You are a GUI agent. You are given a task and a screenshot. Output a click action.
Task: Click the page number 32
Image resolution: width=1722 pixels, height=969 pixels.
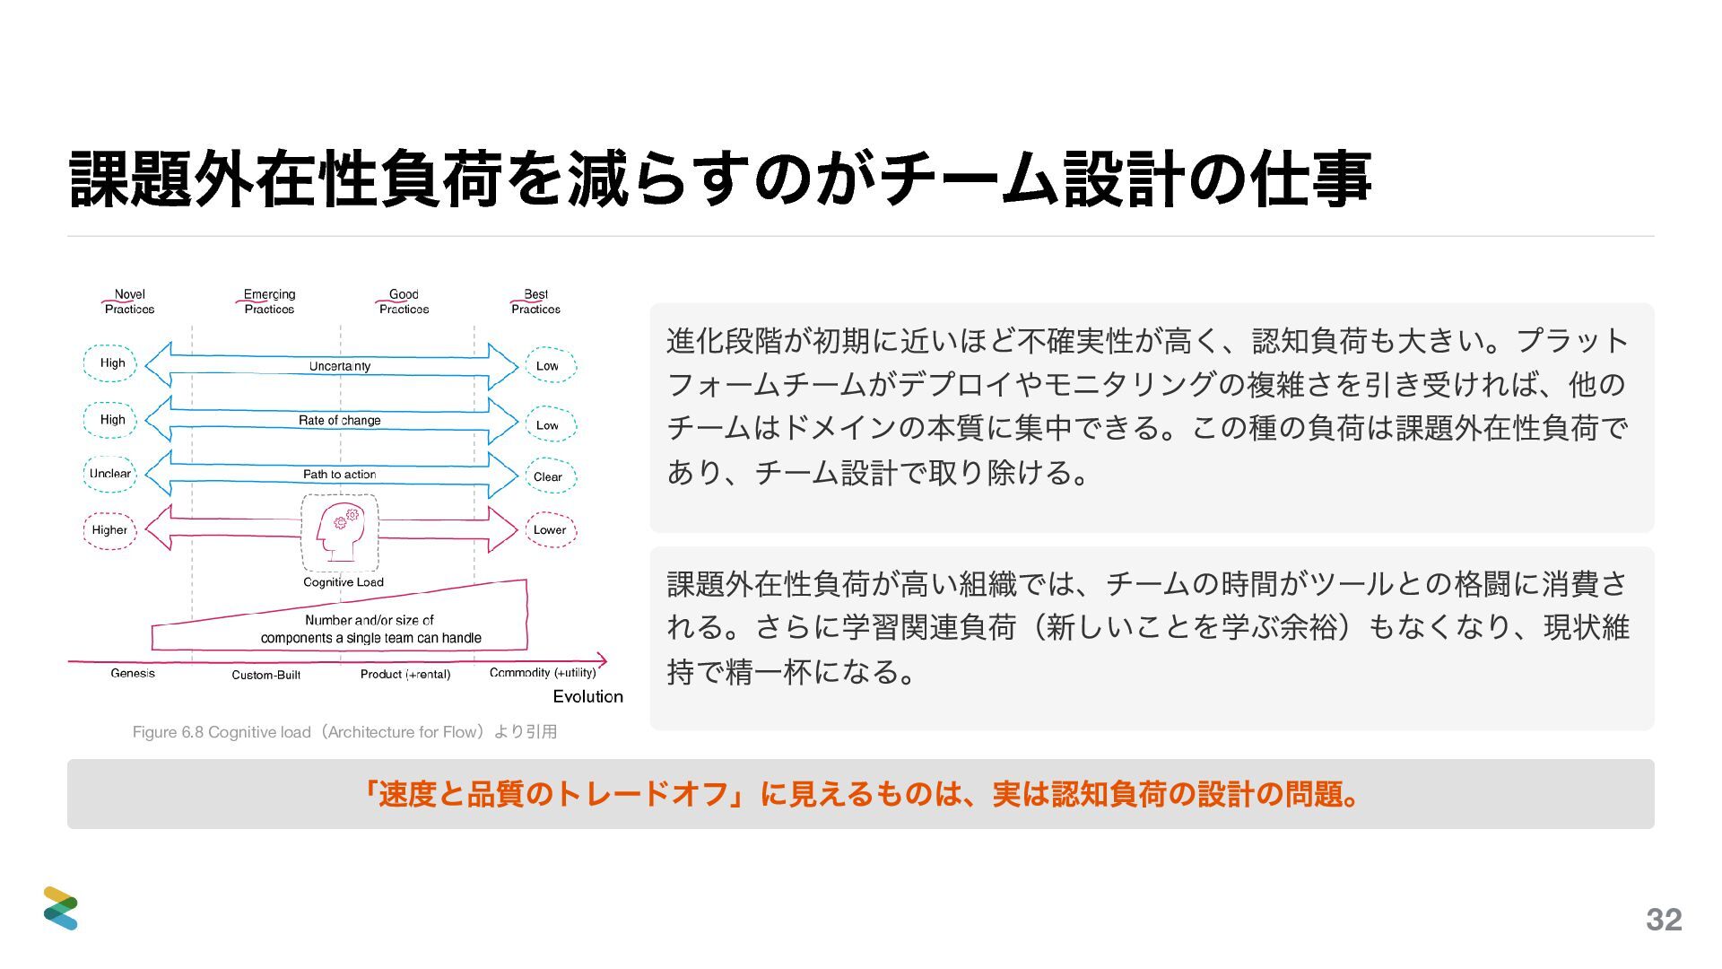coord(1664,920)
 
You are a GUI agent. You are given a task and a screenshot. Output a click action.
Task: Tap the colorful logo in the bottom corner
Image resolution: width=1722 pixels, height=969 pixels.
coord(61,908)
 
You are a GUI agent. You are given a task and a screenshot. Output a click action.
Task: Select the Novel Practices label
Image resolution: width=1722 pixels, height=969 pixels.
coord(129,301)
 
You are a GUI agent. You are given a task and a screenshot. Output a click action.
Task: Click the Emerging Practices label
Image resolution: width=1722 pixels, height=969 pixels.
coord(269,301)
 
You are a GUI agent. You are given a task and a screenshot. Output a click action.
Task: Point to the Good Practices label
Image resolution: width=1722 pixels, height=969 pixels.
coord(404,301)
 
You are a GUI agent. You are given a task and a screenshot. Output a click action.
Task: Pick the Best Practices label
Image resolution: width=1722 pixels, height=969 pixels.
coord(535,301)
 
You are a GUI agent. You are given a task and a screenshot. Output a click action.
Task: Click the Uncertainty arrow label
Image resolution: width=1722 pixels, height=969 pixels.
coord(340,366)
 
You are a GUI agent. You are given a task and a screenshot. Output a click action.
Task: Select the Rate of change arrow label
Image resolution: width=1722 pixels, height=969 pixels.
coord(340,420)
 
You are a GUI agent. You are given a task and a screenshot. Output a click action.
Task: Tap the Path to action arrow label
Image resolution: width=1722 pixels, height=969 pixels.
coord(340,474)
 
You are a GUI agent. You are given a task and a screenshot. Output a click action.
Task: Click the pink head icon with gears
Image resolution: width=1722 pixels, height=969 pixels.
coord(340,531)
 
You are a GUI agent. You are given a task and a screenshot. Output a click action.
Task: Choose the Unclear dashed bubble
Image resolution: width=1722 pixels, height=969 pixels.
coord(109,474)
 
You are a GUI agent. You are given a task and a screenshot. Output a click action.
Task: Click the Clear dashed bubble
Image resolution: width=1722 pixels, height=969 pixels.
coord(548,476)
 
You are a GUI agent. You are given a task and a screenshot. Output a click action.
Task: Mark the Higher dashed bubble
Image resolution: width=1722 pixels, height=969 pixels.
coord(109,530)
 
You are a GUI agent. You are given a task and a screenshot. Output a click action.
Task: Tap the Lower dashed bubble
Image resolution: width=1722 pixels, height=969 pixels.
coord(550,530)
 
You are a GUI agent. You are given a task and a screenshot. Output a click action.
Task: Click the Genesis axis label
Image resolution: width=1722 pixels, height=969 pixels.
coord(133,673)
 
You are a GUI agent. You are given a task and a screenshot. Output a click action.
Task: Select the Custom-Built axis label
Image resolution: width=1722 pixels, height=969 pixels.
coord(266,675)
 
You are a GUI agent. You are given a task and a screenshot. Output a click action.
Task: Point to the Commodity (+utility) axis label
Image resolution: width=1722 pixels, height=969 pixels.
coord(543,673)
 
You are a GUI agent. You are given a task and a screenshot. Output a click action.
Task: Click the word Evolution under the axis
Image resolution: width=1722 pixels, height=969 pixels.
coord(587,696)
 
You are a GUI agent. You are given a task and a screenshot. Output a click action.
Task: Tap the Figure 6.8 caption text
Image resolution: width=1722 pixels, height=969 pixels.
coord(345,732)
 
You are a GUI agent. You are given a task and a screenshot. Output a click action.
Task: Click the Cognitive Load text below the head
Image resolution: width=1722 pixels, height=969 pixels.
coord(344,582)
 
